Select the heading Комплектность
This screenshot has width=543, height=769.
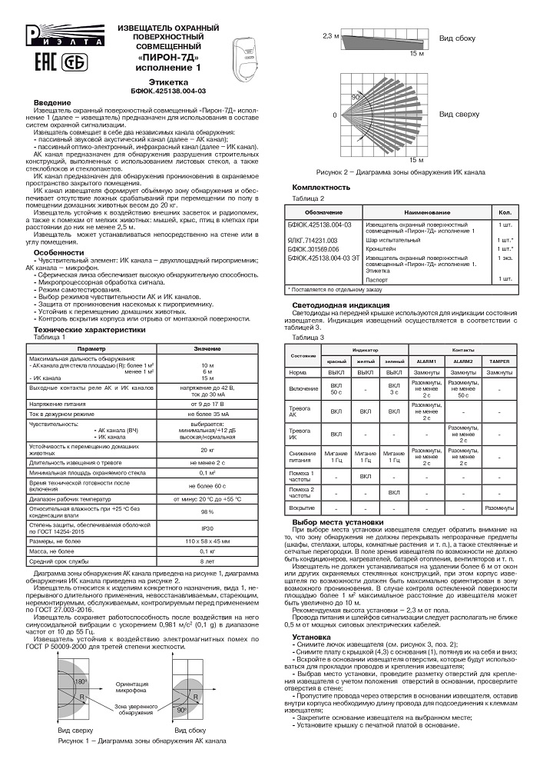[322, 188]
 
